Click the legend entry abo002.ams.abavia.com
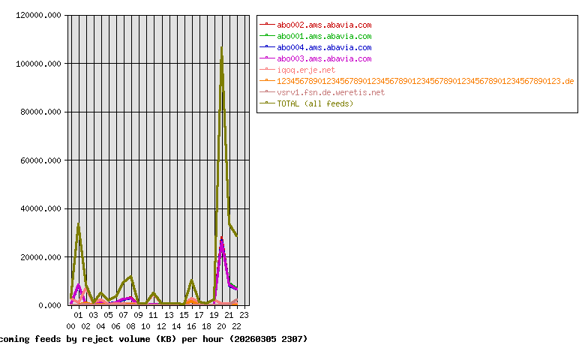[x=324, y=25]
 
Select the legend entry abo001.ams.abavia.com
[x=324, y=36]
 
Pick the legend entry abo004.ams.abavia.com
[x=324, y=47]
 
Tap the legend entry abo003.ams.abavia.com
[x=324, y=58]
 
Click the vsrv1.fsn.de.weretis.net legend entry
[x=331, y=92]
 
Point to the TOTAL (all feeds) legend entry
[x=315, y=103]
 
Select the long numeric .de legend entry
[x=425, y=81]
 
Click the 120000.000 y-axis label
[x=38, y=15]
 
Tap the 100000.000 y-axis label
[x=38, y=64]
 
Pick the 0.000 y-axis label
[x=49, y=305]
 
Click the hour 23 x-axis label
[x=244, y=315]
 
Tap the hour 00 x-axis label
[x=71, y=326]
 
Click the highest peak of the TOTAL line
[x=221, y=47]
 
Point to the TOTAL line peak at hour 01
[x=78, y=224]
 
